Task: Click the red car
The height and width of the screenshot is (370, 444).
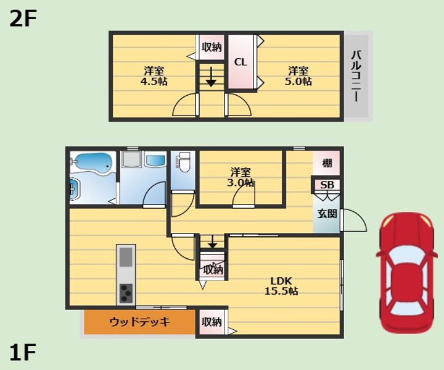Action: coord(406,272)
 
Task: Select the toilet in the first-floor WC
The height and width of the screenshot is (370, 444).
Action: coord(183,162)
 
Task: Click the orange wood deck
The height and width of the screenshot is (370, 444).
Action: coord(139,322)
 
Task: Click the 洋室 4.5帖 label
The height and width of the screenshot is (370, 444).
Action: coord(154,76)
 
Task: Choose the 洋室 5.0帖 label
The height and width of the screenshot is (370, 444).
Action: coord(298,76)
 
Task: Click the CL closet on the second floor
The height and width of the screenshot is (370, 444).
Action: coord(240,62)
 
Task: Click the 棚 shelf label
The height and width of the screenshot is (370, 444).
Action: coord(327,164)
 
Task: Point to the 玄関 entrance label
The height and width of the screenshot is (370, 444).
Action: coord(327,214)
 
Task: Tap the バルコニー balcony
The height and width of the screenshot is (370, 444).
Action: coord(356,76)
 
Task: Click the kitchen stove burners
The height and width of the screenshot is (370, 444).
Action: coord(126,293)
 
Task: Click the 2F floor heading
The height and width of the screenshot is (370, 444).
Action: coord(23,19)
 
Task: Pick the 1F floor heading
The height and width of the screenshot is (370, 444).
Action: coord(23,353)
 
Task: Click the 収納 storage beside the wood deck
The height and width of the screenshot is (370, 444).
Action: coord(212,322)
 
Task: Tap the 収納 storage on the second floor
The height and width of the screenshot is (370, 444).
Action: coord(212,48)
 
